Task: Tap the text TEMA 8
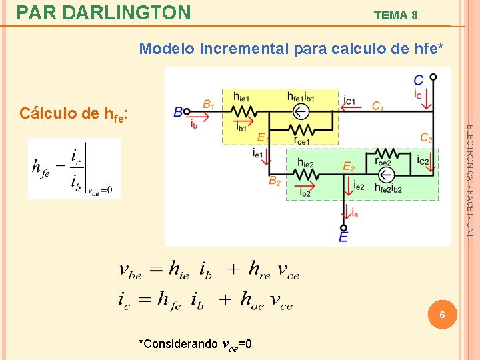[x=395, y=15]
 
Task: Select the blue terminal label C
[x=418, y=80]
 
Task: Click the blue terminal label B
[x=178, y=112]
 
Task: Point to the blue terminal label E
[x=343, y=237]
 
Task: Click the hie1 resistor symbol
[x=242, y=111]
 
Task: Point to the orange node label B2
[x=274, y=181]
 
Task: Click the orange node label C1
[x=377, y=106]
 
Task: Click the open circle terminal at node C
[x=433, y=77]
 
